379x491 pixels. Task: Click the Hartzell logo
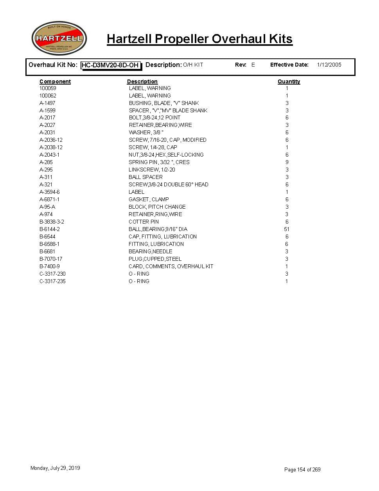59,38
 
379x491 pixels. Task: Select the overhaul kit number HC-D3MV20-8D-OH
110,65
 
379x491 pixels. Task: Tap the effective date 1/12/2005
329,65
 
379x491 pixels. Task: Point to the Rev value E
253,65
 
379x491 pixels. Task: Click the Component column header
55,81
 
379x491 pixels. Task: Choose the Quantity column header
289,81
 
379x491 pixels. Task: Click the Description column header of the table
142,81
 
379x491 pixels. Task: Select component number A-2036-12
51,140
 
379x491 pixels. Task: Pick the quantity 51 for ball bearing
287,229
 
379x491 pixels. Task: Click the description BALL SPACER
145,177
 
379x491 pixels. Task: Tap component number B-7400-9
50,266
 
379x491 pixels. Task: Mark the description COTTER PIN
144,222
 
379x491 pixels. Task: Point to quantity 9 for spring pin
287,162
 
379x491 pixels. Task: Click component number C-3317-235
52,281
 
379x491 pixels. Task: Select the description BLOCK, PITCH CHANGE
157,207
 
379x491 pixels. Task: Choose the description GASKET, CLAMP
149,199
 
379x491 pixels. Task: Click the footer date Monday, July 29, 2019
55,468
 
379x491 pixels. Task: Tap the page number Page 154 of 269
302,469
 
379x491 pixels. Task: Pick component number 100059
48,88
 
